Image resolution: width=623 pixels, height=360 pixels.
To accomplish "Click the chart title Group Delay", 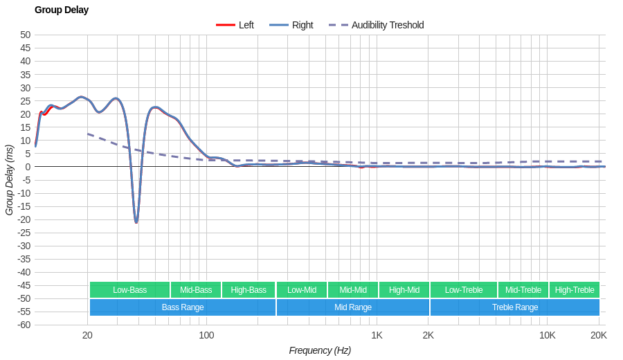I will (62, 10).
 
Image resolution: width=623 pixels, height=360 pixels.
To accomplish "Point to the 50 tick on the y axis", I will (26, 35).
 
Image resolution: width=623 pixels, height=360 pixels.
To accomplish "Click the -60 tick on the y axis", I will (24, 325).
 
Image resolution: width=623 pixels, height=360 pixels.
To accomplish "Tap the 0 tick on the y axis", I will (28, 167).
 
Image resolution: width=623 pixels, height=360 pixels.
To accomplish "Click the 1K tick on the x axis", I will (377, 335).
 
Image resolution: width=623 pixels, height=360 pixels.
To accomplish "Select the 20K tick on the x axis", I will (599, 335).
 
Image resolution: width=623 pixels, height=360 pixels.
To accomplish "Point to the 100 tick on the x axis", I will (206, 335).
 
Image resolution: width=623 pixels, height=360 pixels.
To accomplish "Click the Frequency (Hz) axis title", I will (320, 350).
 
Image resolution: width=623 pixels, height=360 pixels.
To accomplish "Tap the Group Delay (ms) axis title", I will (9, 180).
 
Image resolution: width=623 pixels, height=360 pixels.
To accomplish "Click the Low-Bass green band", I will (129, 290).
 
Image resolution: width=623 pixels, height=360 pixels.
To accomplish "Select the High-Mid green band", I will (404, 290).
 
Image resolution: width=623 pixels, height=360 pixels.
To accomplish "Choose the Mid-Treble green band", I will (523, 290).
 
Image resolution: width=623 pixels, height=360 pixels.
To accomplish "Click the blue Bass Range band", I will (183, 307).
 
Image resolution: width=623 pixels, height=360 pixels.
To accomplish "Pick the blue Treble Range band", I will (515, 307).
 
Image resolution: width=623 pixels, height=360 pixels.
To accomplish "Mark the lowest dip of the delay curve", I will (136, 222).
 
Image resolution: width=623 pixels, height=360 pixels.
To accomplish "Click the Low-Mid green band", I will (302, 290).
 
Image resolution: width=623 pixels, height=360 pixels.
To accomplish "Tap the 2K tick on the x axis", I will (428, 335).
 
